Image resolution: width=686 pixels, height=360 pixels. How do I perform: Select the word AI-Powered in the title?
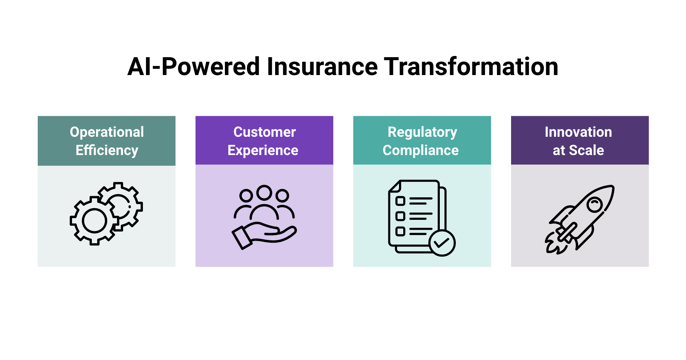(x=194, y=67)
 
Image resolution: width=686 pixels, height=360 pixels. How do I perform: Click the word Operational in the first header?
(x=107, y=132)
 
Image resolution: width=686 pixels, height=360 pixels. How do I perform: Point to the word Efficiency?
(x=107, y=150)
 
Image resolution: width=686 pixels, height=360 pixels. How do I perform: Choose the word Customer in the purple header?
(x=264, y=132)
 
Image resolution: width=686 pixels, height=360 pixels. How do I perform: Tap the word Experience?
(x=263, y=150)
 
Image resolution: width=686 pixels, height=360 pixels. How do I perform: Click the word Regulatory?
(x=422, y=132)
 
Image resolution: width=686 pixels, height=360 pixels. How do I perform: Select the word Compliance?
(x=421, y=150)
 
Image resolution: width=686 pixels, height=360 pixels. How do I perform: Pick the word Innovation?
(x=578, y=132)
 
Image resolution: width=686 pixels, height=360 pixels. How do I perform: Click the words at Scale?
(x=578, y=150)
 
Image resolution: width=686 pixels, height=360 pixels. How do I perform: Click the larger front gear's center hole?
(x=94, y=221)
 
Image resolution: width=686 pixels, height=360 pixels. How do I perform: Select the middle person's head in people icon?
(x=264, y=192)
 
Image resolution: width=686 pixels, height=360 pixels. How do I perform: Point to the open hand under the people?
(x=267, y=234)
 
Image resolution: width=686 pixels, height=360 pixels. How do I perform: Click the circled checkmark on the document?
(x=442, y=243)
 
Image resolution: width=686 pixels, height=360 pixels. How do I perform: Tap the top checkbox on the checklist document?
(x=400, y=201)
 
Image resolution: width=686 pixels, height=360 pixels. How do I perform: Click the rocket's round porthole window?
(x=595, y=205)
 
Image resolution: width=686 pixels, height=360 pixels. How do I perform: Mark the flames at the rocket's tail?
(x=553, y=244)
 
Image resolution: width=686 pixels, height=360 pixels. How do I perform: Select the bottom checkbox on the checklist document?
(x=400, y=231)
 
